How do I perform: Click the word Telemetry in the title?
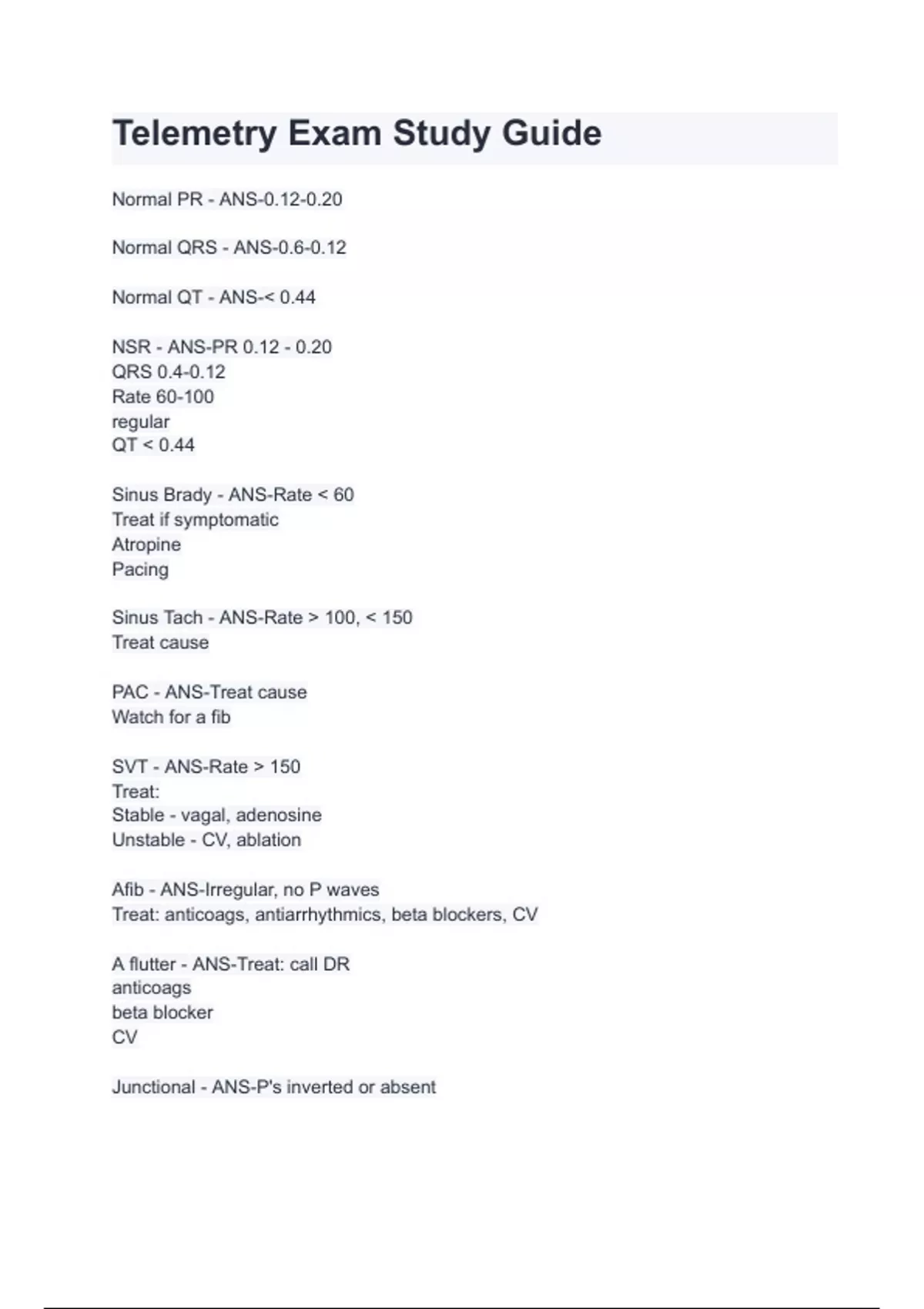pos(194,134)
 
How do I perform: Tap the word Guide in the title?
pos(551,134)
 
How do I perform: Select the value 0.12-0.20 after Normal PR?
pos(303,199)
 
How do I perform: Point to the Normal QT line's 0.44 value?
pos(297,297)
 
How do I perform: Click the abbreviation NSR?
pos(131,347)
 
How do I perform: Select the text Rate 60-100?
pos(163,397)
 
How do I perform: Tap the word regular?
pos(141,422)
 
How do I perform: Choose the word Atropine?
pos(146,544)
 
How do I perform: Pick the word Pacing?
pos(140,570)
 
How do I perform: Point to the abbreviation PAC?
pos(130,692)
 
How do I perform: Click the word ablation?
pos(269,840)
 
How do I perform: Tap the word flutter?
pos(152,964)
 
